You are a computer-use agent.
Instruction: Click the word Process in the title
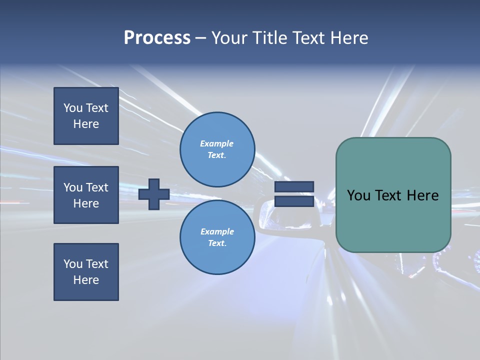point(157,38)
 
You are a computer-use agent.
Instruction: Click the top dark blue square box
point(86,116)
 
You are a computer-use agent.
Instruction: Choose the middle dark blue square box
point(86,195)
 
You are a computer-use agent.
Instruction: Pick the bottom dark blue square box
point(86,272)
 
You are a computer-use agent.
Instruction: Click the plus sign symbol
point(154,194)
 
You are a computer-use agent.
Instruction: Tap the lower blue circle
point(217,237)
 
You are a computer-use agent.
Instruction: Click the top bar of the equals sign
point(294,186)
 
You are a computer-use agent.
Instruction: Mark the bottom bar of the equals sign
point(294,201)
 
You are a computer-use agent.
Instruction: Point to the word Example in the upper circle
point(217,143)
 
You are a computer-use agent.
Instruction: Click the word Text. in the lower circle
point(217,243)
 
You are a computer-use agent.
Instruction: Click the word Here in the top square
point(86,124)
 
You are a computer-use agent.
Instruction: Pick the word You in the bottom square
point(73,264)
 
